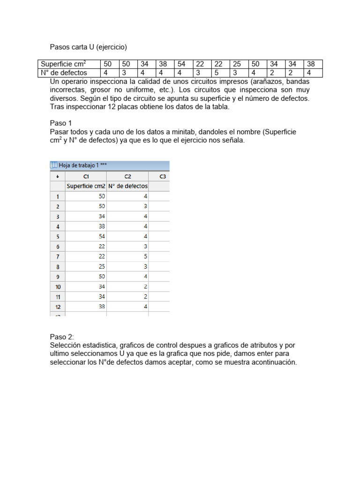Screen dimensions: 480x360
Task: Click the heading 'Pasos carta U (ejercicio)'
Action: point(89,47)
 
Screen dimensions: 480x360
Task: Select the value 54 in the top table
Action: point(182,64)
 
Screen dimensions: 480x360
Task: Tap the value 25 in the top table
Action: point(237,64)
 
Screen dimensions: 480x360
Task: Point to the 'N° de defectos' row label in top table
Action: point(64,73)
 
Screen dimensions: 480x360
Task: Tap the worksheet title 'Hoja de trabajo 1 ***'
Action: point(79,165)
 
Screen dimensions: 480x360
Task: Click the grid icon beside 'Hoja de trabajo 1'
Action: point(53,165)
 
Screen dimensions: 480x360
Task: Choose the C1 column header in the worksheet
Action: point(86,177)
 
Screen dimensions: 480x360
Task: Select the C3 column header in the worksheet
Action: point(162,177)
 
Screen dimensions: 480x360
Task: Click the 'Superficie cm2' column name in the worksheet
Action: point(86,186)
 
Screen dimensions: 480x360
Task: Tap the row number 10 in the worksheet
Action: point(58,287)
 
